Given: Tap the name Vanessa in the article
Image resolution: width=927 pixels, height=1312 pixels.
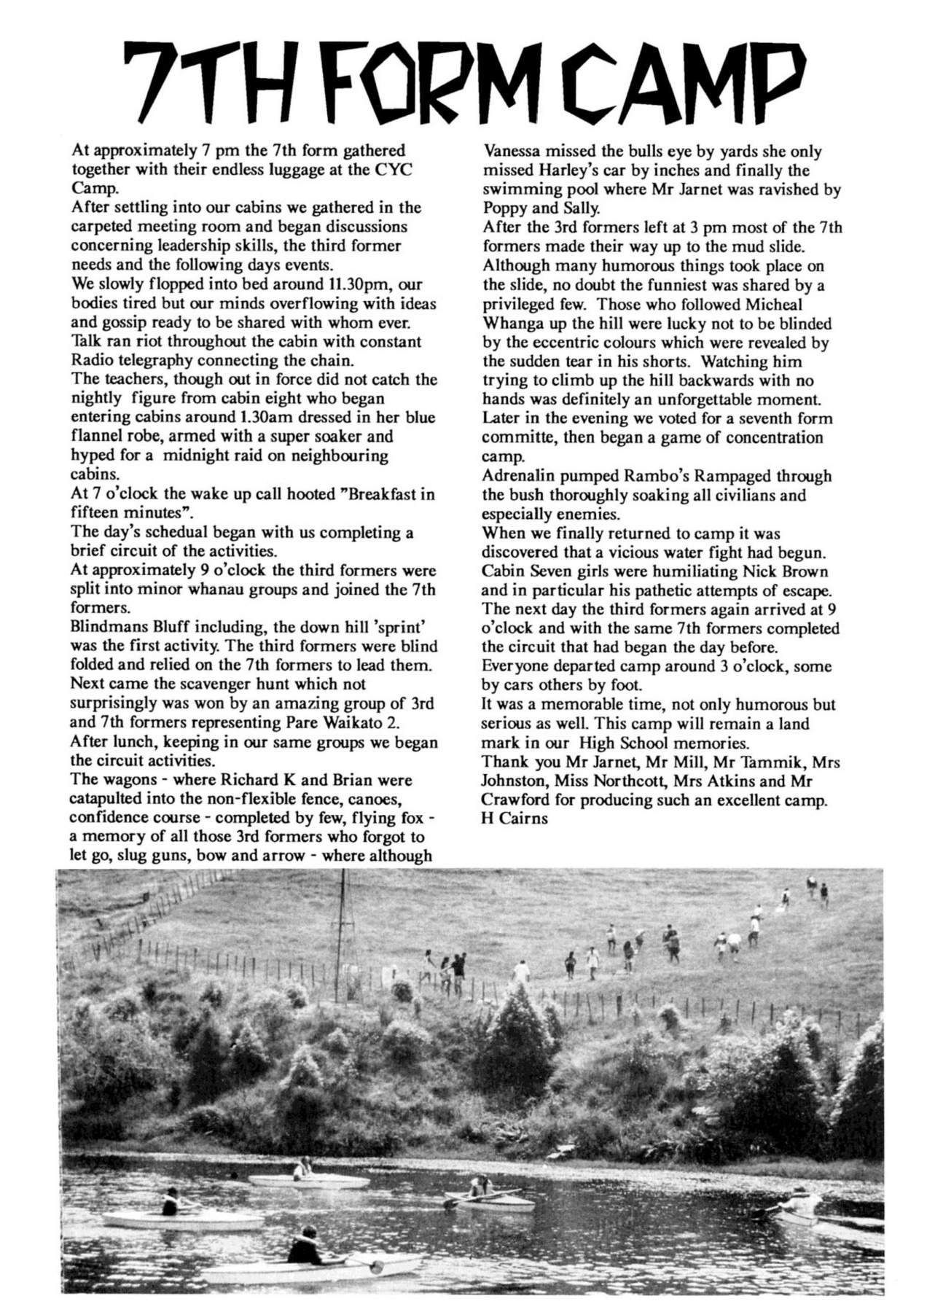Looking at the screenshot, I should pos(516,152).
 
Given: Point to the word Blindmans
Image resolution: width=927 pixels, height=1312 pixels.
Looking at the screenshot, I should pos(107,627).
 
